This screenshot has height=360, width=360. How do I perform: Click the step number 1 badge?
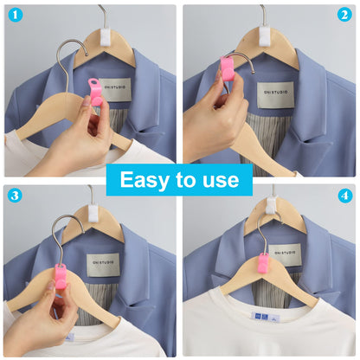click(15, 15)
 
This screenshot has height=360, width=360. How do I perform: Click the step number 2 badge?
click(345, 15)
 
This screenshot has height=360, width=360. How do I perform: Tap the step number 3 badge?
click(15, 196)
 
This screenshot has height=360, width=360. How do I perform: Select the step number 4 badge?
click(345, 196)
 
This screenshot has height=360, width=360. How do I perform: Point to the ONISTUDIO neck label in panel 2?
click(275, 93)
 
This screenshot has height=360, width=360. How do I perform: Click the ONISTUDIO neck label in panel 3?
click(103, 265)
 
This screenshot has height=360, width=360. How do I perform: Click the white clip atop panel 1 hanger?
click(107, 35)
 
